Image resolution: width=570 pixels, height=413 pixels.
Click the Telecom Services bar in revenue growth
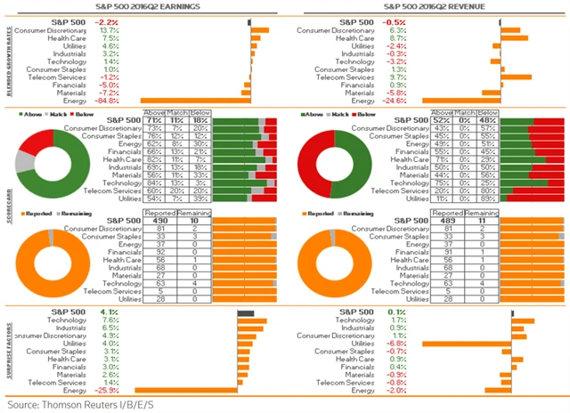point(516,77)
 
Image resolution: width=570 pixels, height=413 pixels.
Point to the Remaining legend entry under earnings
point(77,214)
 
